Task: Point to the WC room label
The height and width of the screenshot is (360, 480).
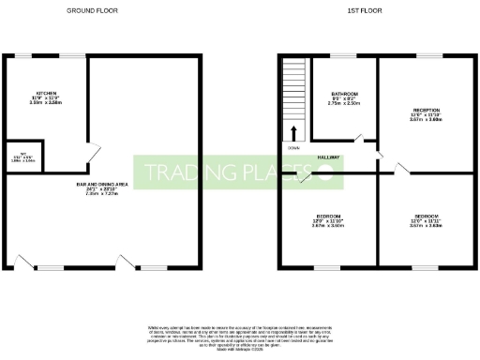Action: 16,156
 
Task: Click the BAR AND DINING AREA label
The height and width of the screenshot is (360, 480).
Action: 102,184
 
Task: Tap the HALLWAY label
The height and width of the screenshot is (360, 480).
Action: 328,157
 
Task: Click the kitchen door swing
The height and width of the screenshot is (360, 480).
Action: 91,150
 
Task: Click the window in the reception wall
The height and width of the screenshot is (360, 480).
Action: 429,56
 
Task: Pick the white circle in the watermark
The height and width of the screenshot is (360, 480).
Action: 325,172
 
